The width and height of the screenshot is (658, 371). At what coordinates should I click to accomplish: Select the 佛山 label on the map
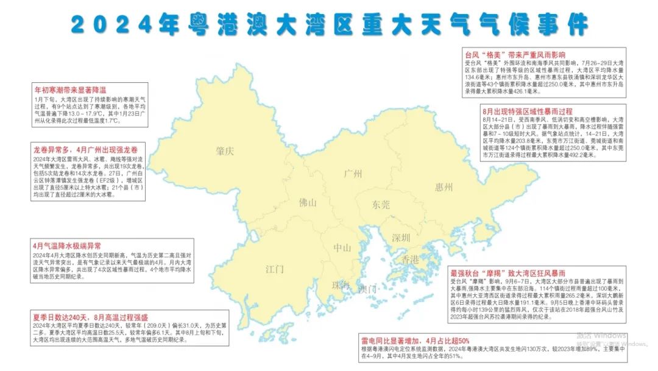pyautogui.click(x=307, y=203)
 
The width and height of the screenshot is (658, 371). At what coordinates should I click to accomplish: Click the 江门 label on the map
pyautogui.click(x=275, y=269)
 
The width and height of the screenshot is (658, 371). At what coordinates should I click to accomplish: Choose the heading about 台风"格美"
pyautogui.click(x=515, y=54)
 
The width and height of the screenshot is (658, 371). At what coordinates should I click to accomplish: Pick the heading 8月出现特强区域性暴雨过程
pyautogui.click(x=527, y=111)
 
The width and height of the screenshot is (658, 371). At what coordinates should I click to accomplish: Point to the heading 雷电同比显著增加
pyautogui.click(x=416, y=340)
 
